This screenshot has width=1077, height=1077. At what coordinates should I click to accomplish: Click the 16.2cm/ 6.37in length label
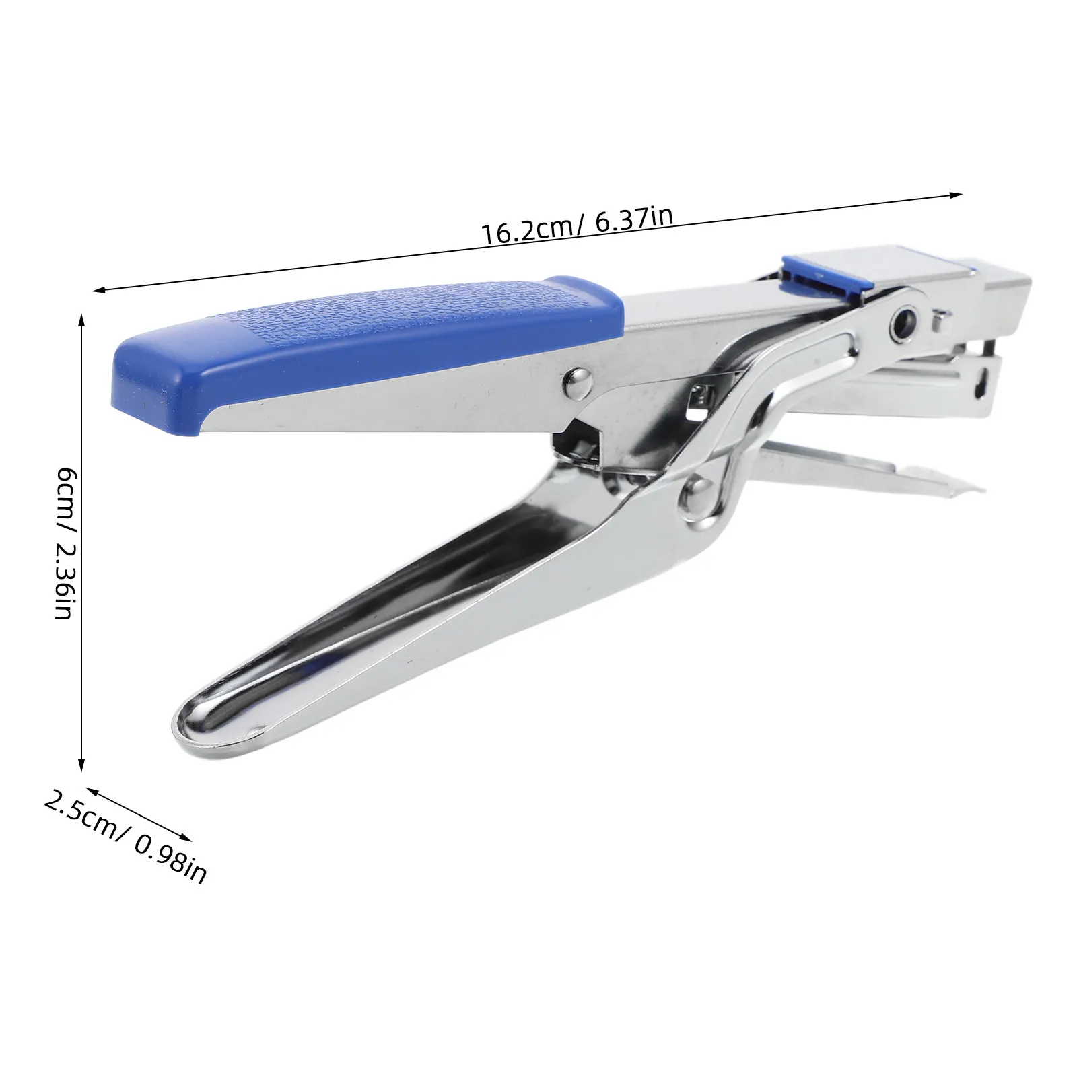577,225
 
